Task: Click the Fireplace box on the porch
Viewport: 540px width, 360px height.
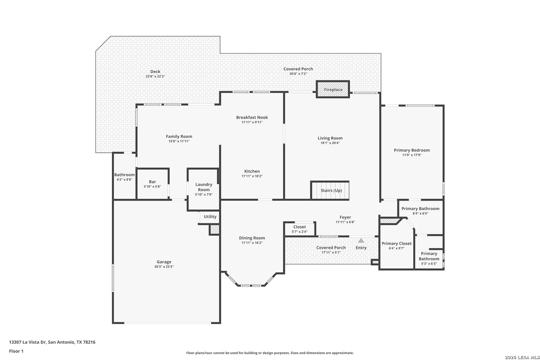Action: click(x=333, y=89)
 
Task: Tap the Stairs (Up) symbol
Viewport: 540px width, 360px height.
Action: click(x=330, y=190)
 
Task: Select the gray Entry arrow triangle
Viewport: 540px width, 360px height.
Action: click(x=361, y=240)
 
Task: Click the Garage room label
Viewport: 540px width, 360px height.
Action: click(x=164, y=262)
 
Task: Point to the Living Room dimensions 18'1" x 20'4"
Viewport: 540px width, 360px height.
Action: click(x=330, y=143)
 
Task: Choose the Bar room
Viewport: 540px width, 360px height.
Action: click(x=152, y=184)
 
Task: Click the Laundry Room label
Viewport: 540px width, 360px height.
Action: click(x=204, y=187)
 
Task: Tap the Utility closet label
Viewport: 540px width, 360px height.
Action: click(x=210, y=217)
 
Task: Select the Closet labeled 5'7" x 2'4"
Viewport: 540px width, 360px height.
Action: click(x=300, y=229)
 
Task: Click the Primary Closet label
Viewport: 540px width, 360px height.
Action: click(x=397, y=244)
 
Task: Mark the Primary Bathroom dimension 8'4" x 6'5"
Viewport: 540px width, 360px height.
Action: click(x=420, y=213)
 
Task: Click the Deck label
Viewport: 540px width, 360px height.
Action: click(x=155, y=72)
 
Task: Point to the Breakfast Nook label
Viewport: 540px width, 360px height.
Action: click(x=252, y=117)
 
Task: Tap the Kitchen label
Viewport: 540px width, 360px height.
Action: click(x=252, y=171)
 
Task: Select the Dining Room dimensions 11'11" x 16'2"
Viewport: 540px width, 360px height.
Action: click(x=252, y=243)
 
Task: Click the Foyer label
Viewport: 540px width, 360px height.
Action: click(x=345, y=217)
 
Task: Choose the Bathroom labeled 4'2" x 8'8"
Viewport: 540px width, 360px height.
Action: click(x=124, y=177)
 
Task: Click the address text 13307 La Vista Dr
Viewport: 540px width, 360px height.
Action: click(x=27, y=342)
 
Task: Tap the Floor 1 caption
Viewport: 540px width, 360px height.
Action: click(x=16, y=351)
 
